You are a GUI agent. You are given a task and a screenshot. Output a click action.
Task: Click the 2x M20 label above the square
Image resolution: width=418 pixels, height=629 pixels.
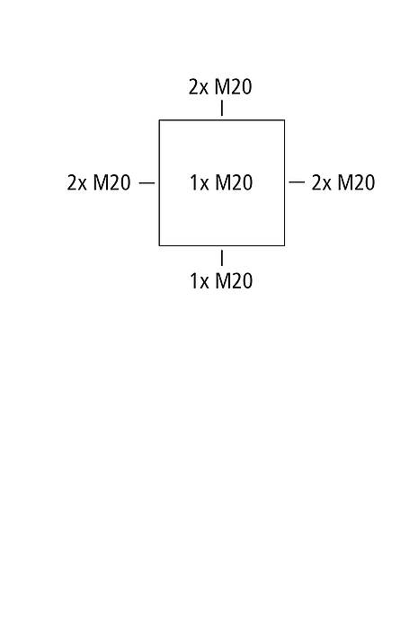220,86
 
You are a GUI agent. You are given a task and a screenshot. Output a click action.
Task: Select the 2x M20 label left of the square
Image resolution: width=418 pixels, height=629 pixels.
99,182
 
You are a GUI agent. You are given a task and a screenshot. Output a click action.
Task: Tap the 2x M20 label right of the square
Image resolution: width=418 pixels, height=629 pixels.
343,182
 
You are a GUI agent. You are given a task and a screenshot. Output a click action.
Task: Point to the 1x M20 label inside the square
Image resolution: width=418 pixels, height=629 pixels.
221,182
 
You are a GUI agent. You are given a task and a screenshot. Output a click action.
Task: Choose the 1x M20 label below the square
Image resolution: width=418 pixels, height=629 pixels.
221,280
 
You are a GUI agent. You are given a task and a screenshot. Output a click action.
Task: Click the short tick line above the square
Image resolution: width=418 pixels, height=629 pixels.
222,109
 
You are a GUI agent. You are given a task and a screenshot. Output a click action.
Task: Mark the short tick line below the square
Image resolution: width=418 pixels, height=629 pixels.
222,258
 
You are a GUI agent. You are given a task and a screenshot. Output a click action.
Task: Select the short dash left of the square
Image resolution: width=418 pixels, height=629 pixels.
147,183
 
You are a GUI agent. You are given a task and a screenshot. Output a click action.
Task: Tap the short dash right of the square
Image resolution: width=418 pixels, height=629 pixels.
297,182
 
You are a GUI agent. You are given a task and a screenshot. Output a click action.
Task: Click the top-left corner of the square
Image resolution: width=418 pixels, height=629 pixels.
159,120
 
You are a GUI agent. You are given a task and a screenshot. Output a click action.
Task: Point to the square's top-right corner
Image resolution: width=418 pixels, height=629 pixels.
285,120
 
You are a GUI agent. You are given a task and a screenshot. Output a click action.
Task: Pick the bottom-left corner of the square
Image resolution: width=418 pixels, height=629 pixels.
159,245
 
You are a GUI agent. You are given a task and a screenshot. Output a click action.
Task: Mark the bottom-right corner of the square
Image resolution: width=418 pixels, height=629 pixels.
285,245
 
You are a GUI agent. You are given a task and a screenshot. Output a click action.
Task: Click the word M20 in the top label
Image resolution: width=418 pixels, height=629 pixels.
234,86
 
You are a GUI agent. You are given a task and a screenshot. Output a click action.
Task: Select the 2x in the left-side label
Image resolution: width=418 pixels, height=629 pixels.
76,182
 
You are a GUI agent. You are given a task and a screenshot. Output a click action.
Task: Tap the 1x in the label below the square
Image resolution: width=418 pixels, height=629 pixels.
200,280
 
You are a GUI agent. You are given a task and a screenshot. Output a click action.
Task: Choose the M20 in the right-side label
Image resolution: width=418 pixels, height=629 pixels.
356,182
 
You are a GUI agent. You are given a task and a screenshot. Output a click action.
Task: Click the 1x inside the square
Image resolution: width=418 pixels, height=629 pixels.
200,182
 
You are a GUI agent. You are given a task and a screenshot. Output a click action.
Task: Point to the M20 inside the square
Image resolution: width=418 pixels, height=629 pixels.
234,182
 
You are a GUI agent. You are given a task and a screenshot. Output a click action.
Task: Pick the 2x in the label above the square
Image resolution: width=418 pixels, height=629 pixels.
199,86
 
